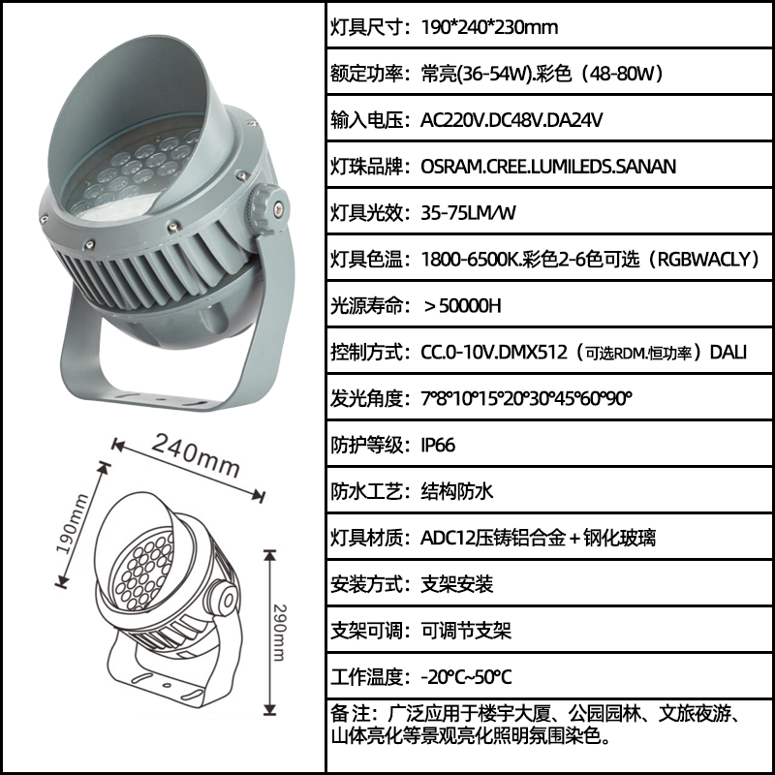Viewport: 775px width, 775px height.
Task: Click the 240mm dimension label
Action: coord(196,455)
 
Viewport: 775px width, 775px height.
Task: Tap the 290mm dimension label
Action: coord(279,633)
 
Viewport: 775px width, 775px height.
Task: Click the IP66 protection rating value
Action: coord(438,445)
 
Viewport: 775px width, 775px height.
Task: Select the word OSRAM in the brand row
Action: coord(451,167)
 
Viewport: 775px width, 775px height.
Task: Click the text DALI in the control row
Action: coord(728,353)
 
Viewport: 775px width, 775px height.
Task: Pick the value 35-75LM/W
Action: coord(468,213)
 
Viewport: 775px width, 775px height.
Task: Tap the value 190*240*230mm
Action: coord(489,27)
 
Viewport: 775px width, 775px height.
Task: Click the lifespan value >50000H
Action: coord(463,306)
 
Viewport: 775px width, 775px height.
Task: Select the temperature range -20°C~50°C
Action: coord(466,676)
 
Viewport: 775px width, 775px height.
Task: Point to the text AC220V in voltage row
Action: coord(451,120)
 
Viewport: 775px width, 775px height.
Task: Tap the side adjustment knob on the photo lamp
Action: coord(268,209)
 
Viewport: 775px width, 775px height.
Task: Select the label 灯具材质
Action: coord(366,538)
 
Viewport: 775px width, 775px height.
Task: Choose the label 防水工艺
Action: coord(366,491)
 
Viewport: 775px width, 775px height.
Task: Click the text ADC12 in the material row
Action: coord(448,538)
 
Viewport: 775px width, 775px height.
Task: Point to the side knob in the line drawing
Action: coord(225,600)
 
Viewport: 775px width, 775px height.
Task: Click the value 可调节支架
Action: coord(466,631)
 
